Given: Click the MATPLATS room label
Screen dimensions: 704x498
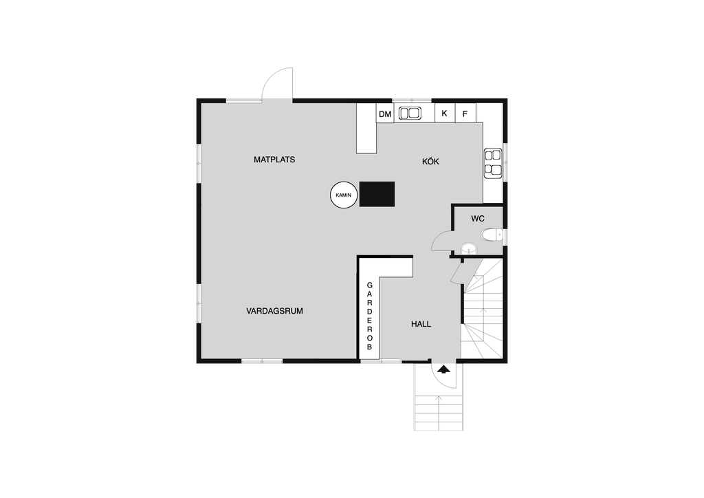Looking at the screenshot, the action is click(274, 160).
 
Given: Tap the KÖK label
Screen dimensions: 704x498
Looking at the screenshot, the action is click(430, 161).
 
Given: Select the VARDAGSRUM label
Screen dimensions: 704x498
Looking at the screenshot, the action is click(274, 311).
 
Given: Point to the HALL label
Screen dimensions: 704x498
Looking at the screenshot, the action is click(421, 324).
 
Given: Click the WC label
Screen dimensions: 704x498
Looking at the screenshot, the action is click(478, 219).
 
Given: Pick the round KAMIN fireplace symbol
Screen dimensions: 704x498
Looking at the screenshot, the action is click(344, 195).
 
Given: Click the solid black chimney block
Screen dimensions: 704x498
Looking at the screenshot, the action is click(377, 194).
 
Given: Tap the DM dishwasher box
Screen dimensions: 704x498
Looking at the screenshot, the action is click(385, 114).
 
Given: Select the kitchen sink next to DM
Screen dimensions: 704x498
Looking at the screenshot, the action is click(409, 113).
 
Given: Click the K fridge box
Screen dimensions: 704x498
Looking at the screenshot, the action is click(445, 113).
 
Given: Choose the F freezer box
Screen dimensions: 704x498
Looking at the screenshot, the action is click(465, 113).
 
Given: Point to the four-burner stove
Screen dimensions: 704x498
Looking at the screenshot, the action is click(493, 163).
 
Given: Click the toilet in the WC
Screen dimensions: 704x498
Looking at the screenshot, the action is click(491, 235).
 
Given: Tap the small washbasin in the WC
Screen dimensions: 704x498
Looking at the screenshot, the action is click(469, 248).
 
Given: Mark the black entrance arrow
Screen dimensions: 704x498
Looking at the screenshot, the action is click(443, 369).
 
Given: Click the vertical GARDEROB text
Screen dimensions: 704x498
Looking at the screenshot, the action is click(369, 316).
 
